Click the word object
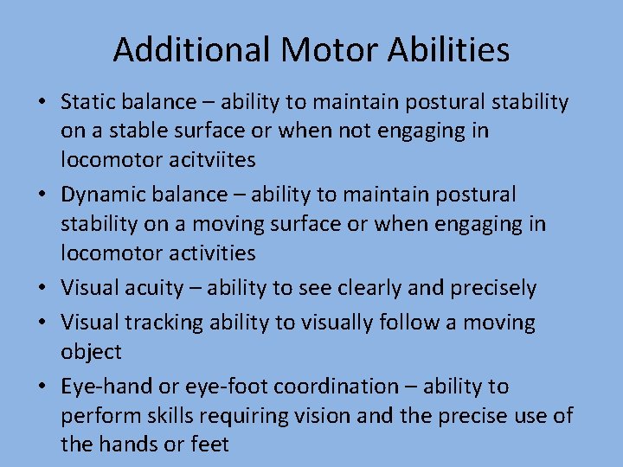pyautogui.click(x=91, y=352)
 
